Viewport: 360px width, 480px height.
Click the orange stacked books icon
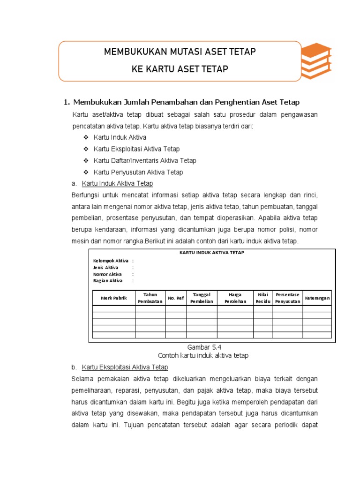(316, 61)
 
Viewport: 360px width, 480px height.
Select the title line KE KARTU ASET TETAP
(180, 69)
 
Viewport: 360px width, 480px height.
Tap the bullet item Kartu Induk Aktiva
(120, 137)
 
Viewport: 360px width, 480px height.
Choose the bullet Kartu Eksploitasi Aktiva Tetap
(136, 149)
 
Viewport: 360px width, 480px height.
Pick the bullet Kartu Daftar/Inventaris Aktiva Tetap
(145, 161)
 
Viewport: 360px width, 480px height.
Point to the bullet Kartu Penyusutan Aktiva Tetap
(138, 172)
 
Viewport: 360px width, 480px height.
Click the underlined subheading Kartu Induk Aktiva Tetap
(117, 183)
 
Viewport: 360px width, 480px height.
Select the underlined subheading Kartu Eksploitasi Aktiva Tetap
(125, 367)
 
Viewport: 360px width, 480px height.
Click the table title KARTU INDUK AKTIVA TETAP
(212, 253)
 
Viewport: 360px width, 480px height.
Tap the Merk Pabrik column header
(114, 298)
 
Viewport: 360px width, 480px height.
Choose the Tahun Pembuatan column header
(150, 298)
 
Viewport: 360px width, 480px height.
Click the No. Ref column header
(176, 298)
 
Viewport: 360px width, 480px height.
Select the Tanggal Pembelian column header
(202, 298)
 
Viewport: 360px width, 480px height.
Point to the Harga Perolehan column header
(235, 298)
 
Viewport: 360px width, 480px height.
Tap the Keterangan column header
(317, 298)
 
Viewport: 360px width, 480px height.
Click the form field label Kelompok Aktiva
(111, 261)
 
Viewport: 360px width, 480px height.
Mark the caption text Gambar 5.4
(204, 347)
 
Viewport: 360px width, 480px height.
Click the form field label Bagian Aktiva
(108, 281)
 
